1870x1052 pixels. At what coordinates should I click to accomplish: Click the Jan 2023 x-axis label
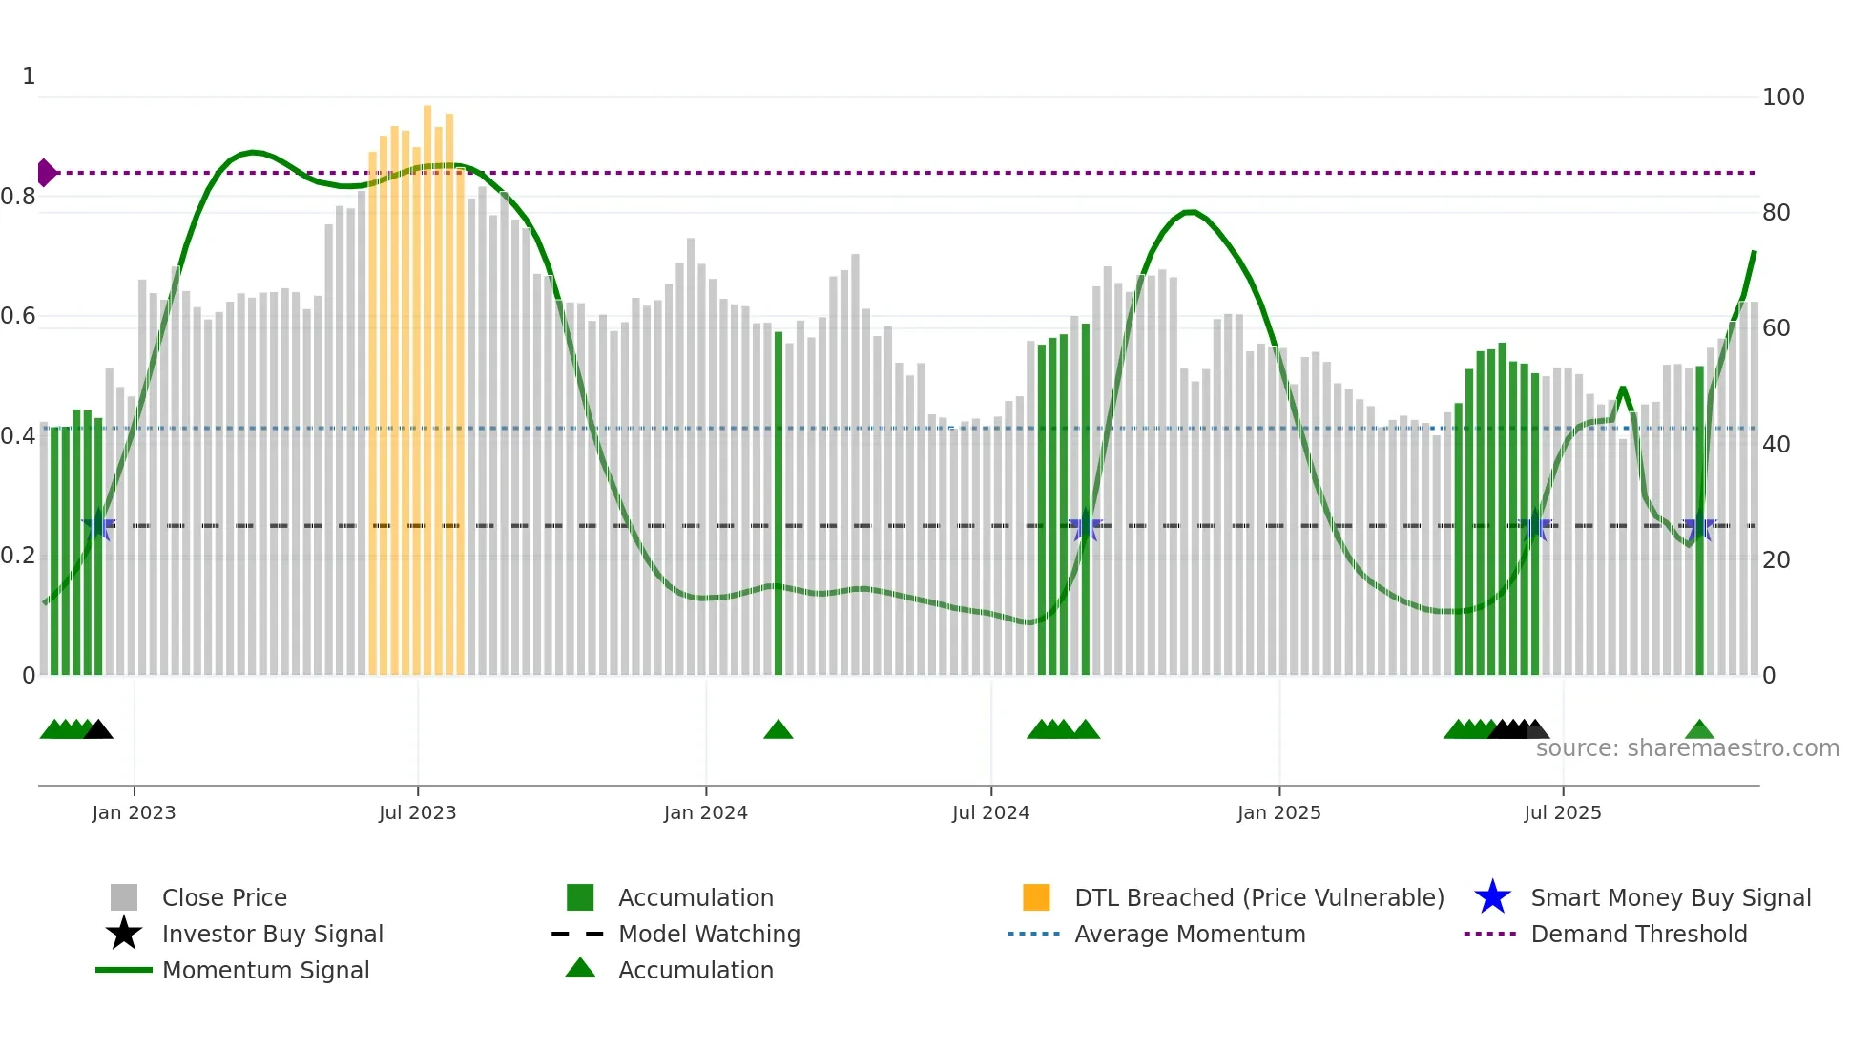coord(134,812)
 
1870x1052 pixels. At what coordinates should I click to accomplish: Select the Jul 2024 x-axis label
coord(990,812)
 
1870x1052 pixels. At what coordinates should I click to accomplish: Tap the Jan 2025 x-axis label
coord(1278,812)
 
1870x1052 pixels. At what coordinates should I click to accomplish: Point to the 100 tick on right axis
coord(1782,97)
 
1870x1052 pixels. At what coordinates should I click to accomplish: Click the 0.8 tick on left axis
coord(18,197)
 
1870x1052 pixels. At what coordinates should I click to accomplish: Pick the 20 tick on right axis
coord(1776,560)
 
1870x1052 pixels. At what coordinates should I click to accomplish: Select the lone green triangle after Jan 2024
coord(779,730)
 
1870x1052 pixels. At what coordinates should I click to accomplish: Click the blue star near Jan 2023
coord(98,526)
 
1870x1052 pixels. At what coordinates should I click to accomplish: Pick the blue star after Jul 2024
coord(1086,526)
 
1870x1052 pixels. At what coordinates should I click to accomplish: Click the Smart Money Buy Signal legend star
coord(1492,897)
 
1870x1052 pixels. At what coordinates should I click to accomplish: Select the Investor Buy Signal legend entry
coord(272,934)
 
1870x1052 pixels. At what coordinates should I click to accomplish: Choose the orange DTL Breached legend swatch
coord(1036,897)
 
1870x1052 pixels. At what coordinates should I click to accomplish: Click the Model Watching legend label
coord(709,934)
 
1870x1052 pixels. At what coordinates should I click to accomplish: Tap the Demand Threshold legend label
coord(1638,934)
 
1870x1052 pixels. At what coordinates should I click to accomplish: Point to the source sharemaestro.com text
coord(1687,748)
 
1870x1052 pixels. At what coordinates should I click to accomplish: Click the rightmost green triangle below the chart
coord(1699,730)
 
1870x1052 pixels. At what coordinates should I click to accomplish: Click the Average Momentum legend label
coord(1190,934)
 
